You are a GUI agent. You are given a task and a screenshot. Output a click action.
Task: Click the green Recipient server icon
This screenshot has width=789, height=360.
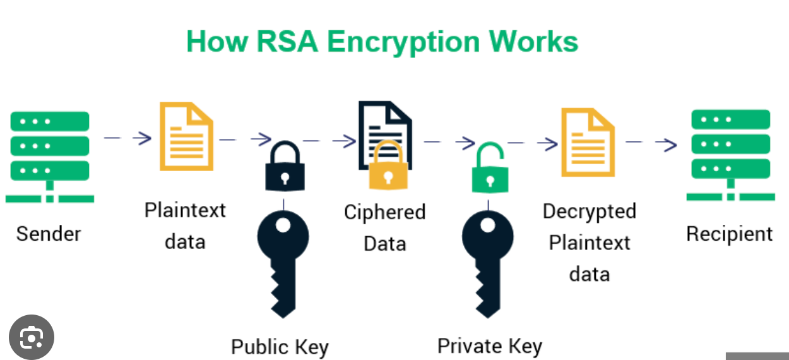(730, 155)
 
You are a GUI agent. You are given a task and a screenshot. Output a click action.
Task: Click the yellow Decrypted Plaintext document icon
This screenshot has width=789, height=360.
(588, 142)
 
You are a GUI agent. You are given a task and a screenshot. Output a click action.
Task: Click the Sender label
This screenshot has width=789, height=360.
(49, 234)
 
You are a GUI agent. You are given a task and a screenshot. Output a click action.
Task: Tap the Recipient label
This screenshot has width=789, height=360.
(729, 234)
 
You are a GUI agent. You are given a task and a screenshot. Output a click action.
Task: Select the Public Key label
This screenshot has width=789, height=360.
(280, 347)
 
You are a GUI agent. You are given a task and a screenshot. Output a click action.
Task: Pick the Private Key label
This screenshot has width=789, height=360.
(489, 345)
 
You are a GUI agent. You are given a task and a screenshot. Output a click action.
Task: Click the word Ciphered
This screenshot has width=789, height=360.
(384, 212)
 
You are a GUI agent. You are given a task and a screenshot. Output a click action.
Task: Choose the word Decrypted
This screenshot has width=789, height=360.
(589, 211)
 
